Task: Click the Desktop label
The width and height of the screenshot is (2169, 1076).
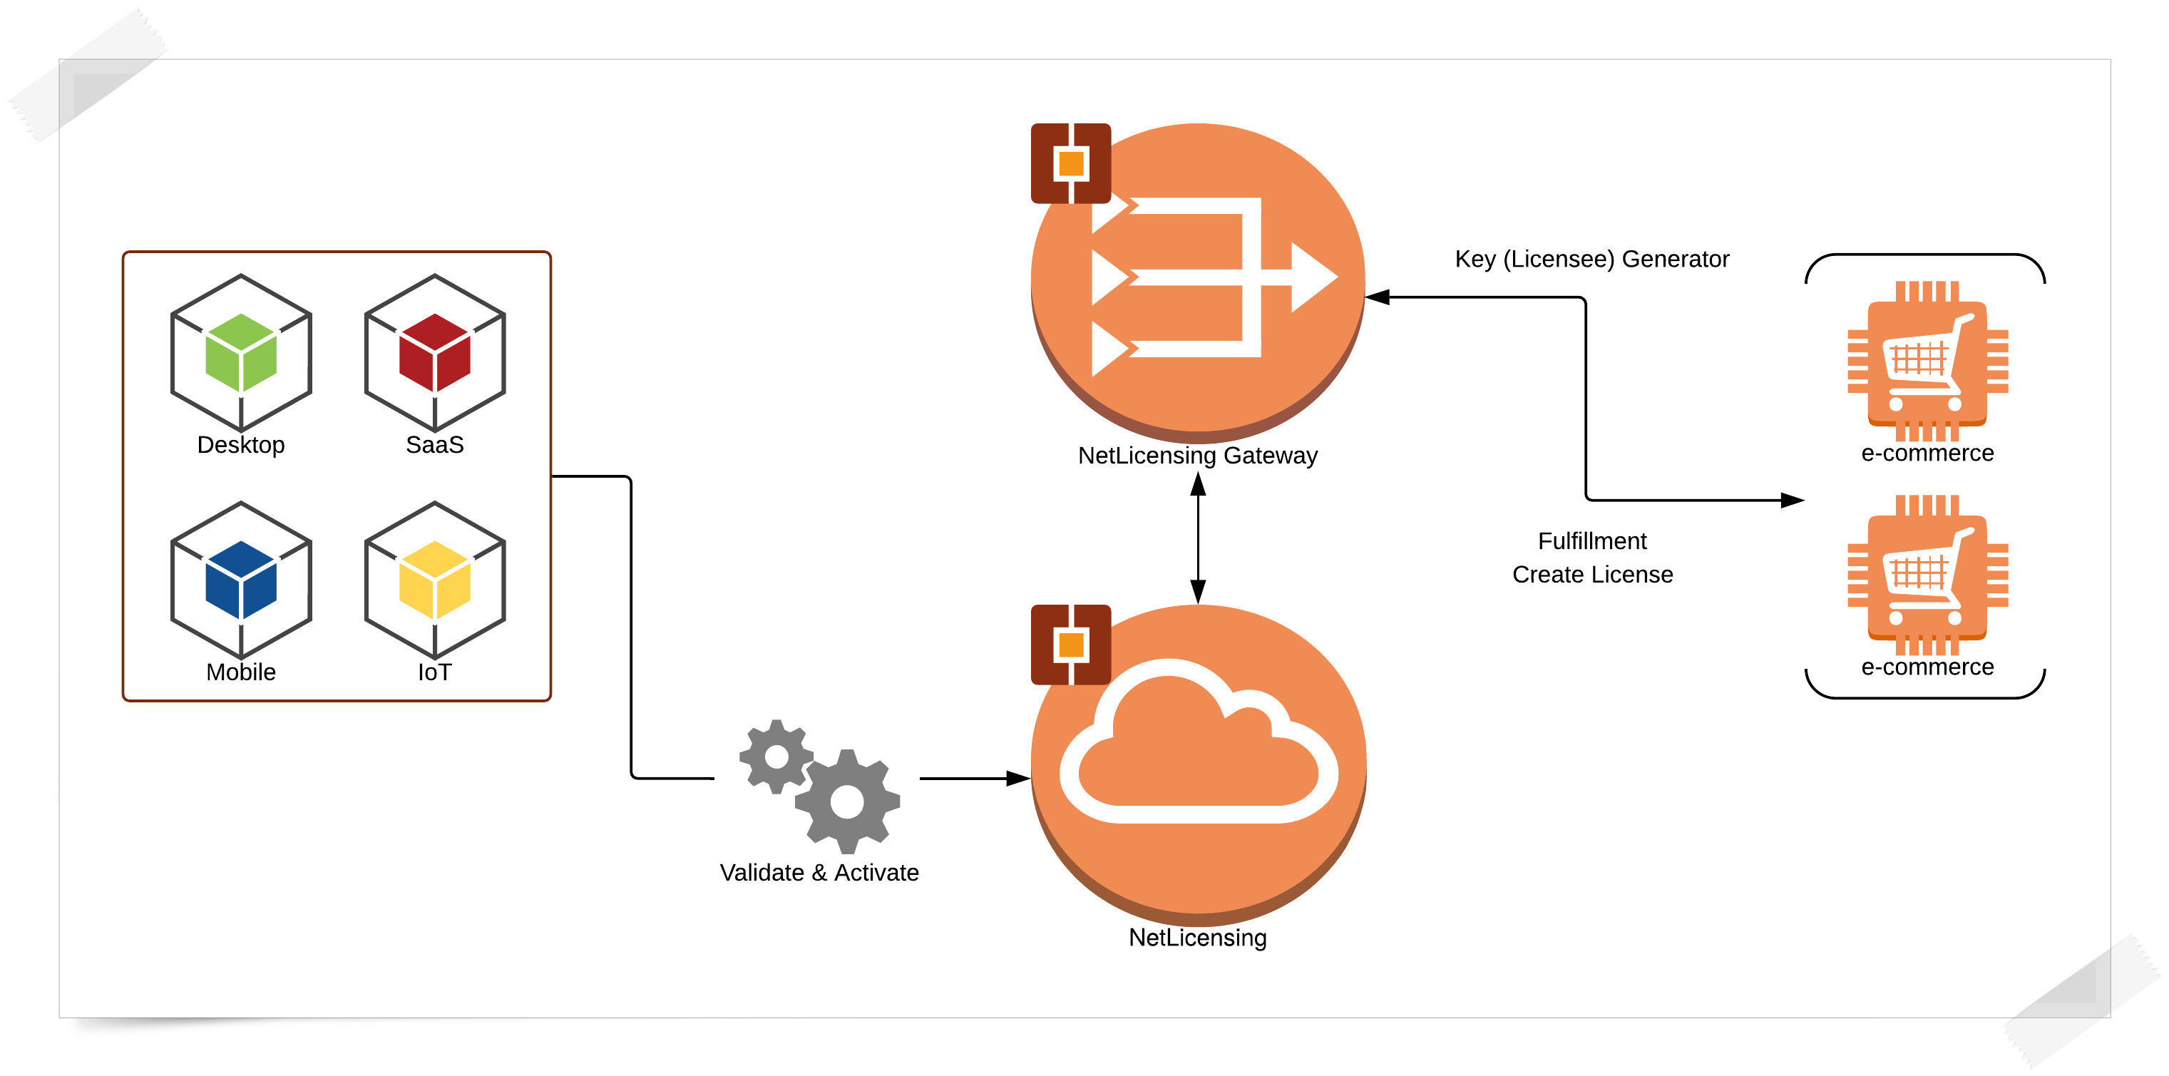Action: tap(241, 444)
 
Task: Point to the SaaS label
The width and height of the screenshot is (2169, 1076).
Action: tap(434, 444)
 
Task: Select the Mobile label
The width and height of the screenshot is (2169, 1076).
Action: tap(241, 672)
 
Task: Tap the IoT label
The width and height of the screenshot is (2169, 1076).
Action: tap(434, 672)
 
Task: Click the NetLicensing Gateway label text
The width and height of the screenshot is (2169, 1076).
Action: tap(1197, 456)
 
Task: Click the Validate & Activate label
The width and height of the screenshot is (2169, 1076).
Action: tap(819, 872)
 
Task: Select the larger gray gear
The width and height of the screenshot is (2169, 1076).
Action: tap(847, 801)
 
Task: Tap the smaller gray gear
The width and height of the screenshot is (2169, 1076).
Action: tap(776, 756)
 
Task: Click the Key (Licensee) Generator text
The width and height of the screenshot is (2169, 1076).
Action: tap(1591, 260)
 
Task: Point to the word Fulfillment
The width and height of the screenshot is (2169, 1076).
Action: tap(1591, 540)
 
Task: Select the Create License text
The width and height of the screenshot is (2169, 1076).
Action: tap(1591, 574)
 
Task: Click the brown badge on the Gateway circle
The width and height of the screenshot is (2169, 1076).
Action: tap(1070, 163)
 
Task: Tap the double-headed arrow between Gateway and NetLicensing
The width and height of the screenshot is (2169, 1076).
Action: tap(1197, 537)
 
